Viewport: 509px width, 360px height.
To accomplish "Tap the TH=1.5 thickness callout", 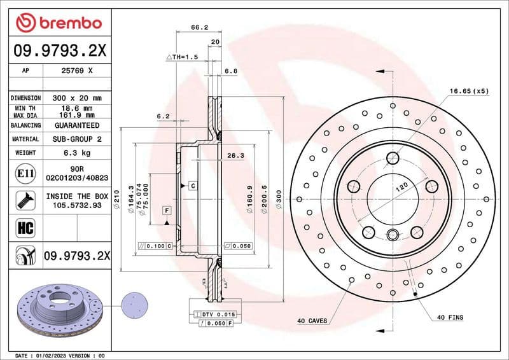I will [185, 57].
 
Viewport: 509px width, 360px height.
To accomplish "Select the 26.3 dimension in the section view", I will [235, 155].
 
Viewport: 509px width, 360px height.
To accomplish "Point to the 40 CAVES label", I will [312, 321].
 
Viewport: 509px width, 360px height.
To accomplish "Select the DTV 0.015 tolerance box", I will [214, 314].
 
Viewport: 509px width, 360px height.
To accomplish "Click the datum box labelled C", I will [191, 185].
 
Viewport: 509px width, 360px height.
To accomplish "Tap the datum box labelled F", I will [167, 210].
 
